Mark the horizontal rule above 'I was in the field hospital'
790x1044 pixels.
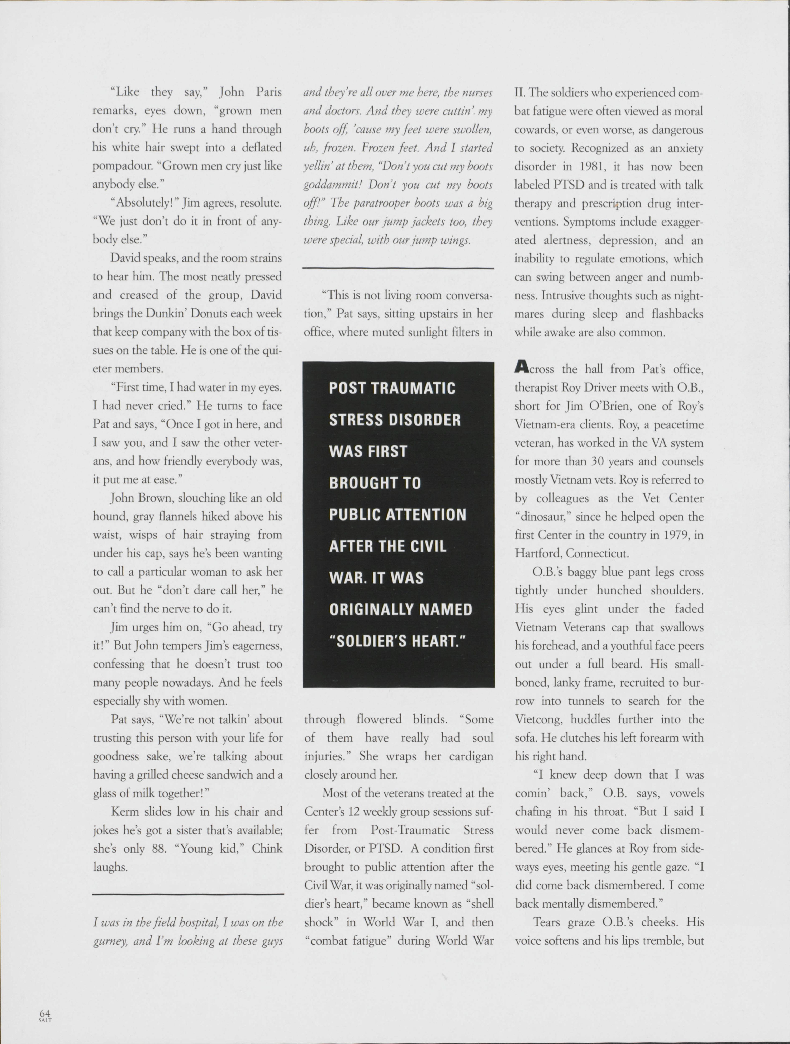pyautogui.click(x=188, y=894)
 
